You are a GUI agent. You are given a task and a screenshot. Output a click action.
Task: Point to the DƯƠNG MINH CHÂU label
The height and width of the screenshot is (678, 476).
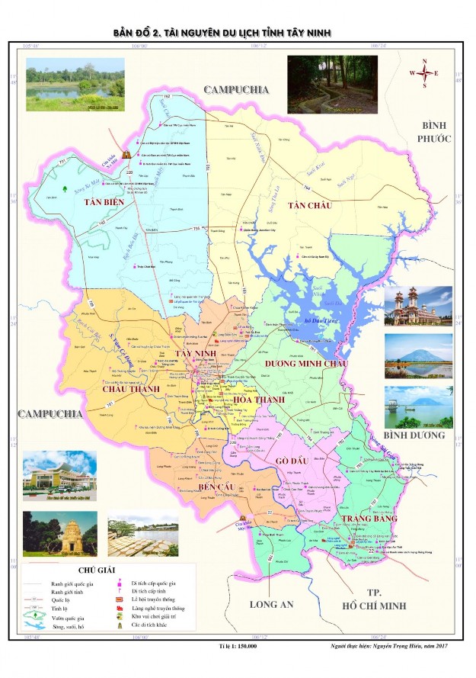[306, 364]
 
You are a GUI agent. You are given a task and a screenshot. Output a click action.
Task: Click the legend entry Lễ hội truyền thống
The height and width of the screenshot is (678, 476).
[158, 599]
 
